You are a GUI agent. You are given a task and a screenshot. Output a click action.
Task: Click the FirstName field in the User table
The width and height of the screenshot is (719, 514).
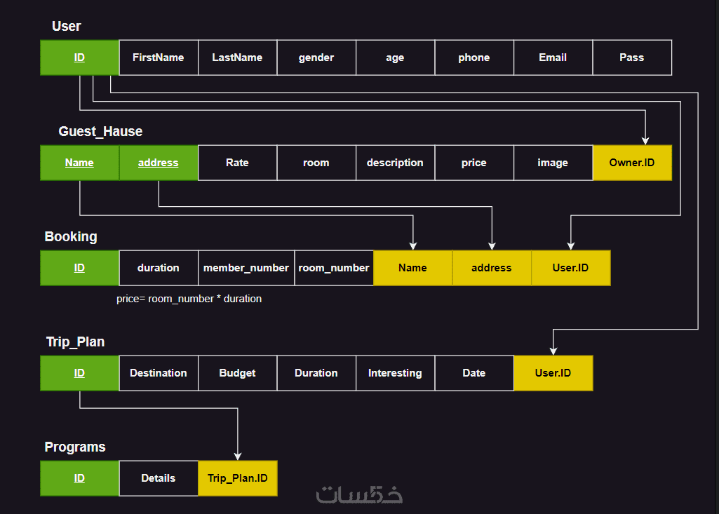pyautogui.click(x=159, y=58)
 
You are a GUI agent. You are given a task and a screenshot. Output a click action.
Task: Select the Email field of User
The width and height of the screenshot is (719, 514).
pyautogui.click(x=553, y=58)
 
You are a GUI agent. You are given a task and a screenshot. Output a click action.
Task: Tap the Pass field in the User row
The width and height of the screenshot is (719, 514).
pyautogui.click(x=631, y=58)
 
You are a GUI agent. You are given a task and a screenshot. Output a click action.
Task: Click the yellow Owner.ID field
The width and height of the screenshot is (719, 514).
pyautogui.click(x=631, y=163)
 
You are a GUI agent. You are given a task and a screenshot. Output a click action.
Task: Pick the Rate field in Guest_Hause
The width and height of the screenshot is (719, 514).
pyautogui.click(x=237, y=163)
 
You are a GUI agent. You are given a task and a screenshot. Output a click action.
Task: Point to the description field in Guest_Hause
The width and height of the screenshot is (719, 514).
pyautogui.click(x=395, y=163)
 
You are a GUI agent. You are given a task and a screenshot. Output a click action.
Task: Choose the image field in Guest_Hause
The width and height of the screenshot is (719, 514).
pyautogui.click(x=553, y=163)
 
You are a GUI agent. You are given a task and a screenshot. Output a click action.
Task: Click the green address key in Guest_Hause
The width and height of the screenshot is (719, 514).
pyautogui.click(x=159, y=163)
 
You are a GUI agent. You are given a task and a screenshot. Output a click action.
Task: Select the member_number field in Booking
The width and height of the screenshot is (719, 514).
pyautogui.click(x=246, y=268)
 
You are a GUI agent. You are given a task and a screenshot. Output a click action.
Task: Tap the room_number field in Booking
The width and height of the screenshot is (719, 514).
pyautogui.click(x=334, y=268)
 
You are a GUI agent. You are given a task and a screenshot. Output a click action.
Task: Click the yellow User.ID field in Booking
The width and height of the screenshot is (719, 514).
pyautogui.click(x=570, y=268)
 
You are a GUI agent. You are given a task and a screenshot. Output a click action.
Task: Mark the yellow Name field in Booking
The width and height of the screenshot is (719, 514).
pyautogui.click(x=412, y=268)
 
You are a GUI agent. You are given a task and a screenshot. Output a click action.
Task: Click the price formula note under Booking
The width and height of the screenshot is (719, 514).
pyautogui.click(x=189, y=299)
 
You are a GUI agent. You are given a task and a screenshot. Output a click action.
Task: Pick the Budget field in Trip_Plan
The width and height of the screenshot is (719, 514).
pyautogui.click(x=237, y=373)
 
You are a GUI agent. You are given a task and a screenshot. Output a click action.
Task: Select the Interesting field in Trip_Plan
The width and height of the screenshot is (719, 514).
pyautogui.click(x=395, y=373)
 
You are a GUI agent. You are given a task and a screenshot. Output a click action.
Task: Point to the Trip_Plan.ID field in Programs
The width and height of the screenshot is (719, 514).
pyautogui.click(x=237, y=478)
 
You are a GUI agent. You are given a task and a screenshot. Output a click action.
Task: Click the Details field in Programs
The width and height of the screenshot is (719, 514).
pyautogui.click(x=159, y=478)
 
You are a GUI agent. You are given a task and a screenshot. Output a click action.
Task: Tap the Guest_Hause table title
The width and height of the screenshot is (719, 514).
pyautogui.click(x=100, y=131)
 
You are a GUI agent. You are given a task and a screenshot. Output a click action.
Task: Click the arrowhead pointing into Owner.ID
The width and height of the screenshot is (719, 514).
pyautogui.click(x=645, y=140)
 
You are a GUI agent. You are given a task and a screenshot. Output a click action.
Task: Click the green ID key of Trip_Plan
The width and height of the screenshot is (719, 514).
pyautogui.click(x=79, y=373)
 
